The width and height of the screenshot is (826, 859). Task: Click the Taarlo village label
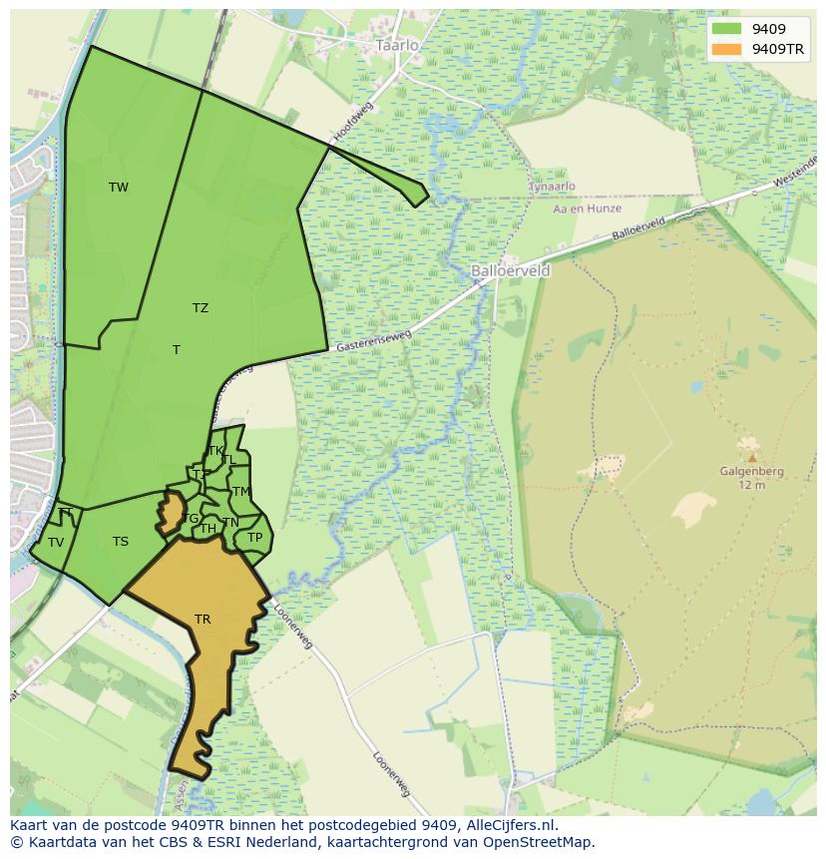click(397, 46)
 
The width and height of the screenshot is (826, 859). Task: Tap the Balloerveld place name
click(510, 270)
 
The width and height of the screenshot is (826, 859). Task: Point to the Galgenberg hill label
click(751, 472)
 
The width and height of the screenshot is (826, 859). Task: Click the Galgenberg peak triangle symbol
click(752, 458)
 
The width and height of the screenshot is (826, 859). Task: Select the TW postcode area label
click(119, 188)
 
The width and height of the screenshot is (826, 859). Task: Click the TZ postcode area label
click(201, 308)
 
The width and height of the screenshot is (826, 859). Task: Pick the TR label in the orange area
click(203, 620)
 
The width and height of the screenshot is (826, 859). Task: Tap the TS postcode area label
click(121, 542)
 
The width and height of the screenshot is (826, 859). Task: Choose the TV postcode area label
click(56, 543)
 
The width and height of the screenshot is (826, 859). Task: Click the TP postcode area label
click(254, 538)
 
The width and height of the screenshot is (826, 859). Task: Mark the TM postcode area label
click(240, 492)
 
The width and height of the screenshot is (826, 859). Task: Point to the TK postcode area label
click(216, 451)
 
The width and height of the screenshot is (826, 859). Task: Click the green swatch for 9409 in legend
click(727, 30)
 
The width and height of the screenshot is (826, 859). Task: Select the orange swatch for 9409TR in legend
click(727, 49)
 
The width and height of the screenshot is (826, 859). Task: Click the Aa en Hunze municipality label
click(588, 209)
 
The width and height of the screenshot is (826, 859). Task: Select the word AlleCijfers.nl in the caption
click(501, 825)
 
